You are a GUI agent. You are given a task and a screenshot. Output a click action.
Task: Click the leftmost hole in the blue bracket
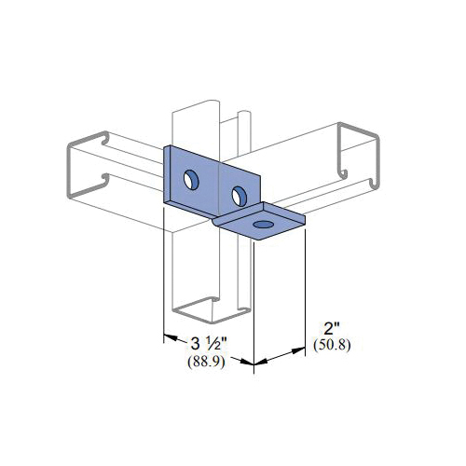[x=191, y=180]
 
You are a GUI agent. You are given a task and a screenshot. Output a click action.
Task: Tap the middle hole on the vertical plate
[x=240, y=196]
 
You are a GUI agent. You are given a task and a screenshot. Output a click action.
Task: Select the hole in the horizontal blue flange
[x=263, y=225]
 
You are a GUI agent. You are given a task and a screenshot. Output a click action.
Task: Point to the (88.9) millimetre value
[x=206, y=362]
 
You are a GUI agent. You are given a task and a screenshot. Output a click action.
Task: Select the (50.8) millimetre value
[x=332, y=345]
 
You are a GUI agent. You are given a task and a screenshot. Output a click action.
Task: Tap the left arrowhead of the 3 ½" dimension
[x=171, y=337]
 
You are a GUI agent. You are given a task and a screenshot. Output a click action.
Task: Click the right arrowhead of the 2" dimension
[x=298, y=351]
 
